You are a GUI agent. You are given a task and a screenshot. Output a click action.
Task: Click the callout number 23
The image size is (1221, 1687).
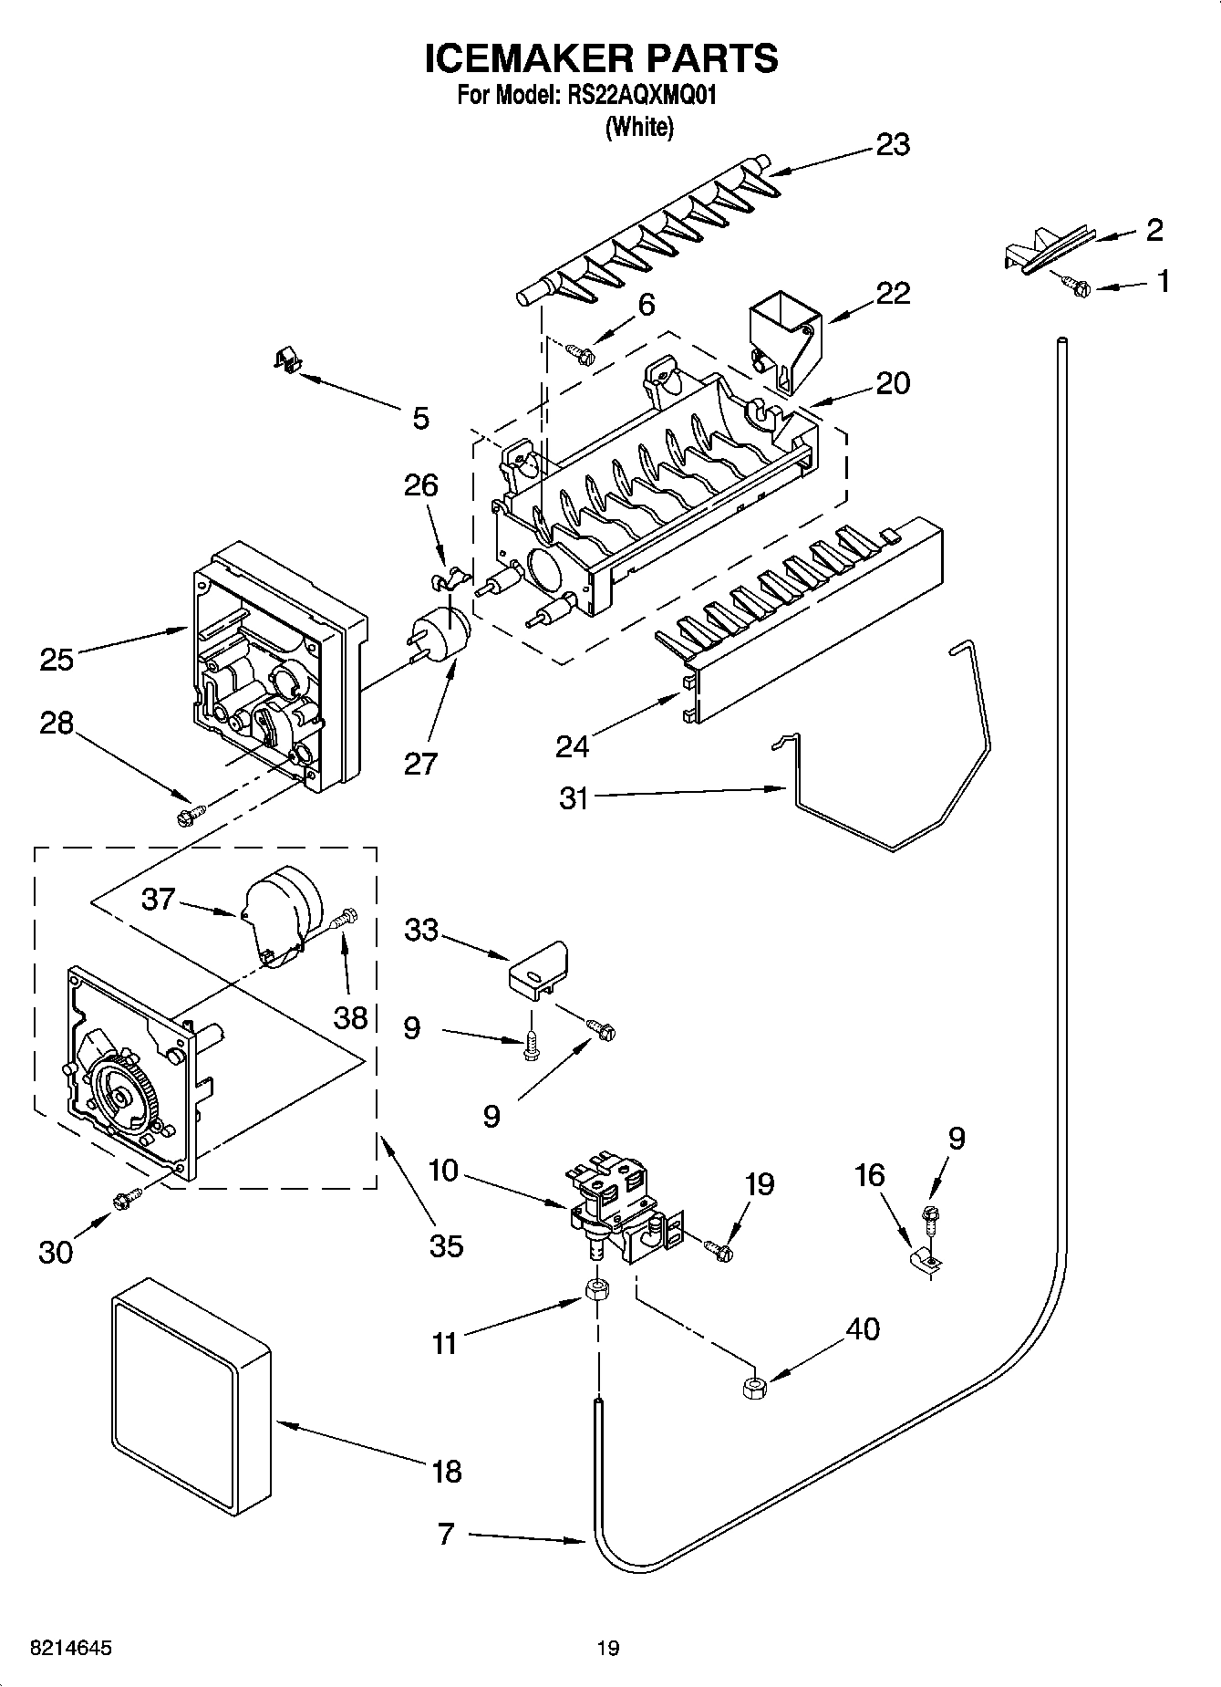(x=893, y=145)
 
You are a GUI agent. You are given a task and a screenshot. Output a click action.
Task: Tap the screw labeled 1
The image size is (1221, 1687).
(x=1079, y=287)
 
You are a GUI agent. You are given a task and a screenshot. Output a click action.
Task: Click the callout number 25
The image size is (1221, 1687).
(x=57, y=658)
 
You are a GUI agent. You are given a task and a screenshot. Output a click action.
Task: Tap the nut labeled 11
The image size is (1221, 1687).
(x=598, y=1290)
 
